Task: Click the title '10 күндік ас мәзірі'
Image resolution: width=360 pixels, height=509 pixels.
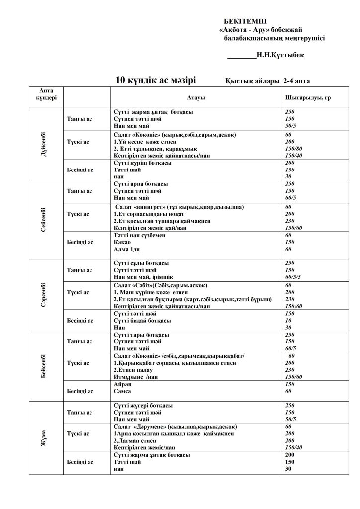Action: coord(156,80)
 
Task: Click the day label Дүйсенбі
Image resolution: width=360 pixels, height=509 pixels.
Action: coord(44,144)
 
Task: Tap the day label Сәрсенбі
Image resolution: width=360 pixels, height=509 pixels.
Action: coord(44,295)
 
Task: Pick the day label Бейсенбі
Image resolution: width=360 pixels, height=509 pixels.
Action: coord(44,366)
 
